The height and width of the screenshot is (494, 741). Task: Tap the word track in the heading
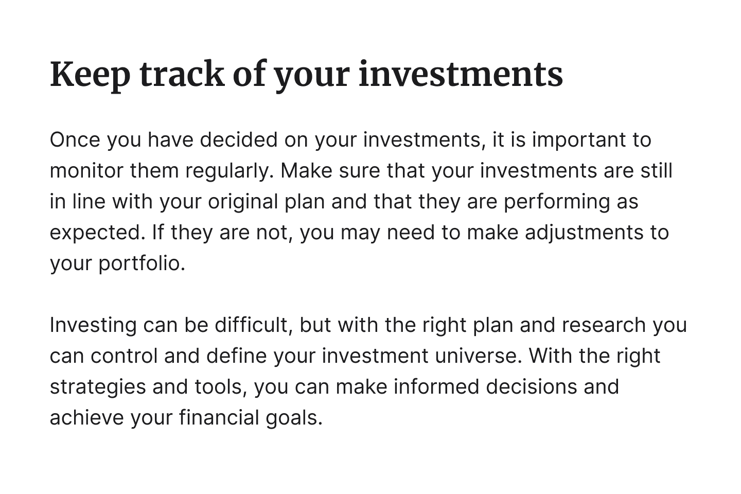pos(182,74)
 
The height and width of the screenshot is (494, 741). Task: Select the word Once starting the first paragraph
pos(75,140)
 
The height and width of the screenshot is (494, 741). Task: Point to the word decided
pos(239,139)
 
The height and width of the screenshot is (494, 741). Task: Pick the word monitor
pos(86,171)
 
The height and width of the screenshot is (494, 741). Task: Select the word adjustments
pos(584,233)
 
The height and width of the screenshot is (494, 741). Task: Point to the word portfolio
pos(142,264)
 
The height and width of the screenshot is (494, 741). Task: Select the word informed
pos(436,386)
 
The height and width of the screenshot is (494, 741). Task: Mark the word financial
pos(219,417)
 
